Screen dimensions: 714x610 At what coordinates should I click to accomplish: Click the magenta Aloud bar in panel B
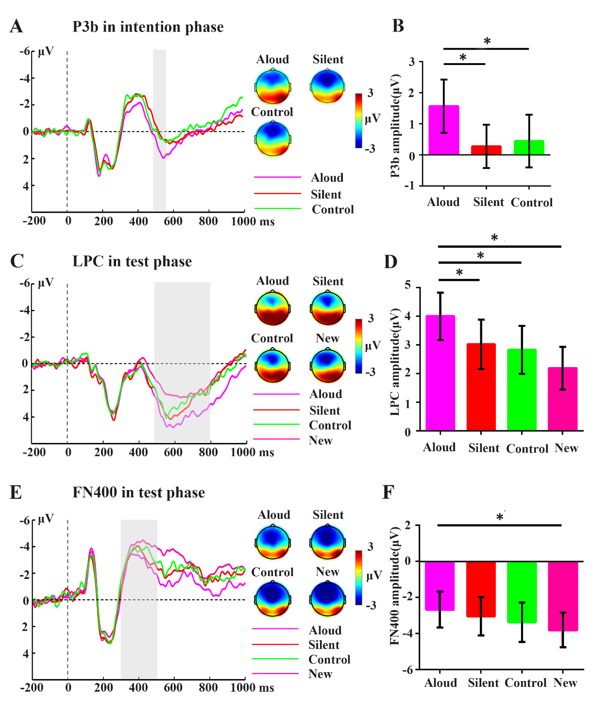click(x=443, y=130)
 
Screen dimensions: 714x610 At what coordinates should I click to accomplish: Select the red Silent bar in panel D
click(x=481, y=387)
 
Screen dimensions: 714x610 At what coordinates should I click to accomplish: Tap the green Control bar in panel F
click(x=522, y=592)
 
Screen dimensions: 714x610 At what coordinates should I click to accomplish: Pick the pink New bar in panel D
click(x=562, y=399)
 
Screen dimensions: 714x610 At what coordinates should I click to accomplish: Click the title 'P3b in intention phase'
click(x=148, y=27)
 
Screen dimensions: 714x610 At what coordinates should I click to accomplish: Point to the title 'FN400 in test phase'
click(x=139, y=493)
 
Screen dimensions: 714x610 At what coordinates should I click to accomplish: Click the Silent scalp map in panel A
click(x=328, y=86)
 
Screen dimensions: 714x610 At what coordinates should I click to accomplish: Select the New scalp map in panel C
click(x=328, y=365)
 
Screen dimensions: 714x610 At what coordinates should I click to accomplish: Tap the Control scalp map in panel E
click(x=273, y=598)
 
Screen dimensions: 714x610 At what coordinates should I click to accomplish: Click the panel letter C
click(x=17, y=261)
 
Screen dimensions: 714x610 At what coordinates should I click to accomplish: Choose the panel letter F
click(x=388, y=492)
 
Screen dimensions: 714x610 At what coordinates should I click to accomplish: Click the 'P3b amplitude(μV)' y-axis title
click(x=396, y=125)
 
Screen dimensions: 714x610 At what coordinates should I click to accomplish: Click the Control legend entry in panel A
click(x=333, y=209)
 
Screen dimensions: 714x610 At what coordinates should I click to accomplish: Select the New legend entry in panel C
click(x=321, y=441)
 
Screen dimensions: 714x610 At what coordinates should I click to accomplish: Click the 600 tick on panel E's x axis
click(x=173, y=687)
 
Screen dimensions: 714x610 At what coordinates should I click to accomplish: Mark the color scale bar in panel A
click(x=358, y=120)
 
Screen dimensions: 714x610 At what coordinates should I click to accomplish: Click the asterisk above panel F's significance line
click(x=499, y=517)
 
